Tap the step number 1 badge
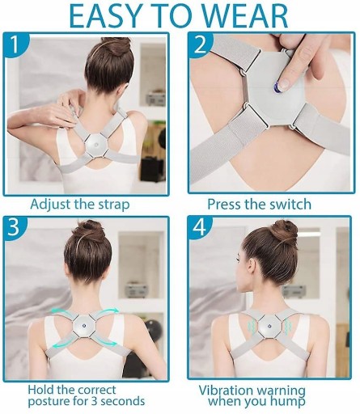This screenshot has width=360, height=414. (15, 44)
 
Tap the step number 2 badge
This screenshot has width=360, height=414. (200, 44)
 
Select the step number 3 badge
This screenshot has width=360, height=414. (14, 227)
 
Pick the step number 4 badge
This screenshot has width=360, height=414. (200, 227)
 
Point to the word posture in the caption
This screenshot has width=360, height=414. (49, 402)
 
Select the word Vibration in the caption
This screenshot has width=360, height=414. (225, 391)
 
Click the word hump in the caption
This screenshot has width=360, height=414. (288, 402)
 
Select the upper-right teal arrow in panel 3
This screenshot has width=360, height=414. (108, 311)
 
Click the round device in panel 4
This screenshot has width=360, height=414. (269, 327)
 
